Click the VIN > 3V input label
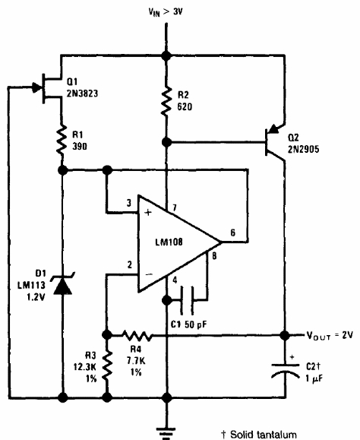pos(166,12)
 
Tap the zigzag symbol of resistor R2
pos(166,101)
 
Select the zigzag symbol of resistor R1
pos(62,140)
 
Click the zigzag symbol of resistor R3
pos(107,366)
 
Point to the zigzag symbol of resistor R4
pos(137,335)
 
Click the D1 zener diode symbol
pos(62,284)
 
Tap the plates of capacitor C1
pos(187,300)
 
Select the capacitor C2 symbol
pos(285,370)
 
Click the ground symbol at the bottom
pos(166,433)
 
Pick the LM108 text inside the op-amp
pos(169,242)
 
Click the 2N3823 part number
pos(82,93)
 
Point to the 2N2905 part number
pos(303,149)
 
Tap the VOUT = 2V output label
pos(330,335)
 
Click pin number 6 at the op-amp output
pos(232,233)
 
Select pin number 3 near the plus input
pos(128,203)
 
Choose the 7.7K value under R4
pos(136,360)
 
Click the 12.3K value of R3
pos(85,367)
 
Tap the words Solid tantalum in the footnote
pos(264,435)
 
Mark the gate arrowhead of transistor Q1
pos(36,87)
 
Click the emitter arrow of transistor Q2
pos(274,129)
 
